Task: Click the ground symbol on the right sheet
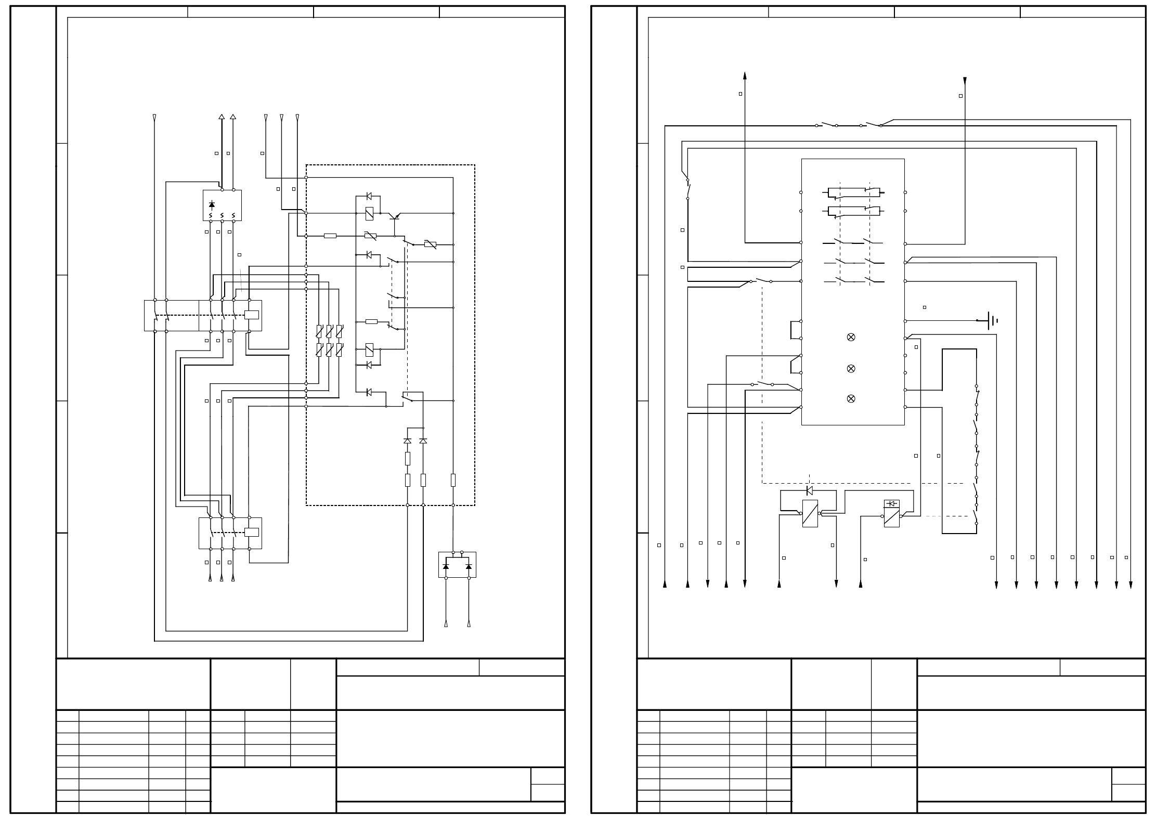[992, 321]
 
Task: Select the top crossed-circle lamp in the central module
[851, 337]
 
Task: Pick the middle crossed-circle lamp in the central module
[851, 368]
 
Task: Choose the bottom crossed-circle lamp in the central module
[851, 398]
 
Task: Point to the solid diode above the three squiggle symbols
[211, 205]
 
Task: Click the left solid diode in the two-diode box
[446, 566]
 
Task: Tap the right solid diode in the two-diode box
[469, 566]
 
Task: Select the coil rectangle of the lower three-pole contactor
[252, 532]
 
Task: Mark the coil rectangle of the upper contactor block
[252, 315]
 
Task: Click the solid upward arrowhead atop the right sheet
[745, 75]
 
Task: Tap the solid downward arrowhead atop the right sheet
[965, 81]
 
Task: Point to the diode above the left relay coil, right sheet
[809, 490]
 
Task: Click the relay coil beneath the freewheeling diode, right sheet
[810, 513]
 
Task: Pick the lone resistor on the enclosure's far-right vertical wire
[453, 479]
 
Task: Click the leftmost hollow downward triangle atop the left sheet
[154, 118]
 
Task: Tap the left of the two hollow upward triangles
[222, 117]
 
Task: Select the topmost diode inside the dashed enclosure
[369, 196]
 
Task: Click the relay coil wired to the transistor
[369, 213]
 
